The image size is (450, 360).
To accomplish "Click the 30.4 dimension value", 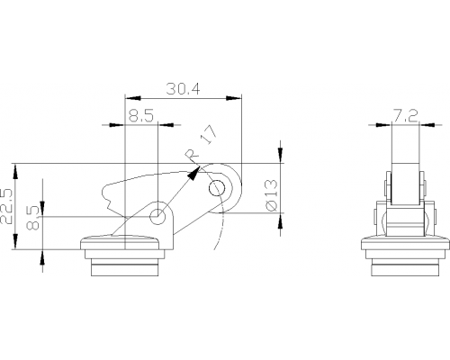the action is pyautogui.click(x=183, y=89).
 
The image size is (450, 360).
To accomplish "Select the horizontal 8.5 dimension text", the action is pyautogui.click(x=141, y=115).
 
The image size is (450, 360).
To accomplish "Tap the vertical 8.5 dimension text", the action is pyautogui.click(x=32, y=218).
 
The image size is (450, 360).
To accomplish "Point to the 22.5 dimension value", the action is pyautogui.click(x=7, y=206).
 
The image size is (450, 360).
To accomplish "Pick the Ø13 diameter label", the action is pyautogui.click(x=271, y=195).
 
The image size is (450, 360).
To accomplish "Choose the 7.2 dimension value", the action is pyautogui.click(x=405, y=115).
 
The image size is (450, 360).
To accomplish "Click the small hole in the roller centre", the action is pyautogui.click(x=217, y=188).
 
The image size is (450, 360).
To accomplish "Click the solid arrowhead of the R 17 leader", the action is pyautogui.click(x=193, y=174).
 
